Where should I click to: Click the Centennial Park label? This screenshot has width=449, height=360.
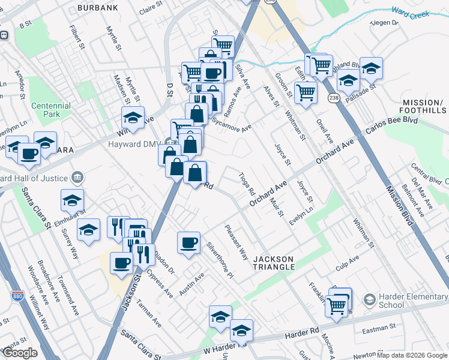coord(51,110)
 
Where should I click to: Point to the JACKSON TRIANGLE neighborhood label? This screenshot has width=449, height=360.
coord(274,262)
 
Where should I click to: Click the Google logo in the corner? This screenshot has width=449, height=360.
coord(20,353)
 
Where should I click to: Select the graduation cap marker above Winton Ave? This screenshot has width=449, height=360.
coord(133,117)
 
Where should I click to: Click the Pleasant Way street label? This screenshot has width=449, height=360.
coord(236,242)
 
